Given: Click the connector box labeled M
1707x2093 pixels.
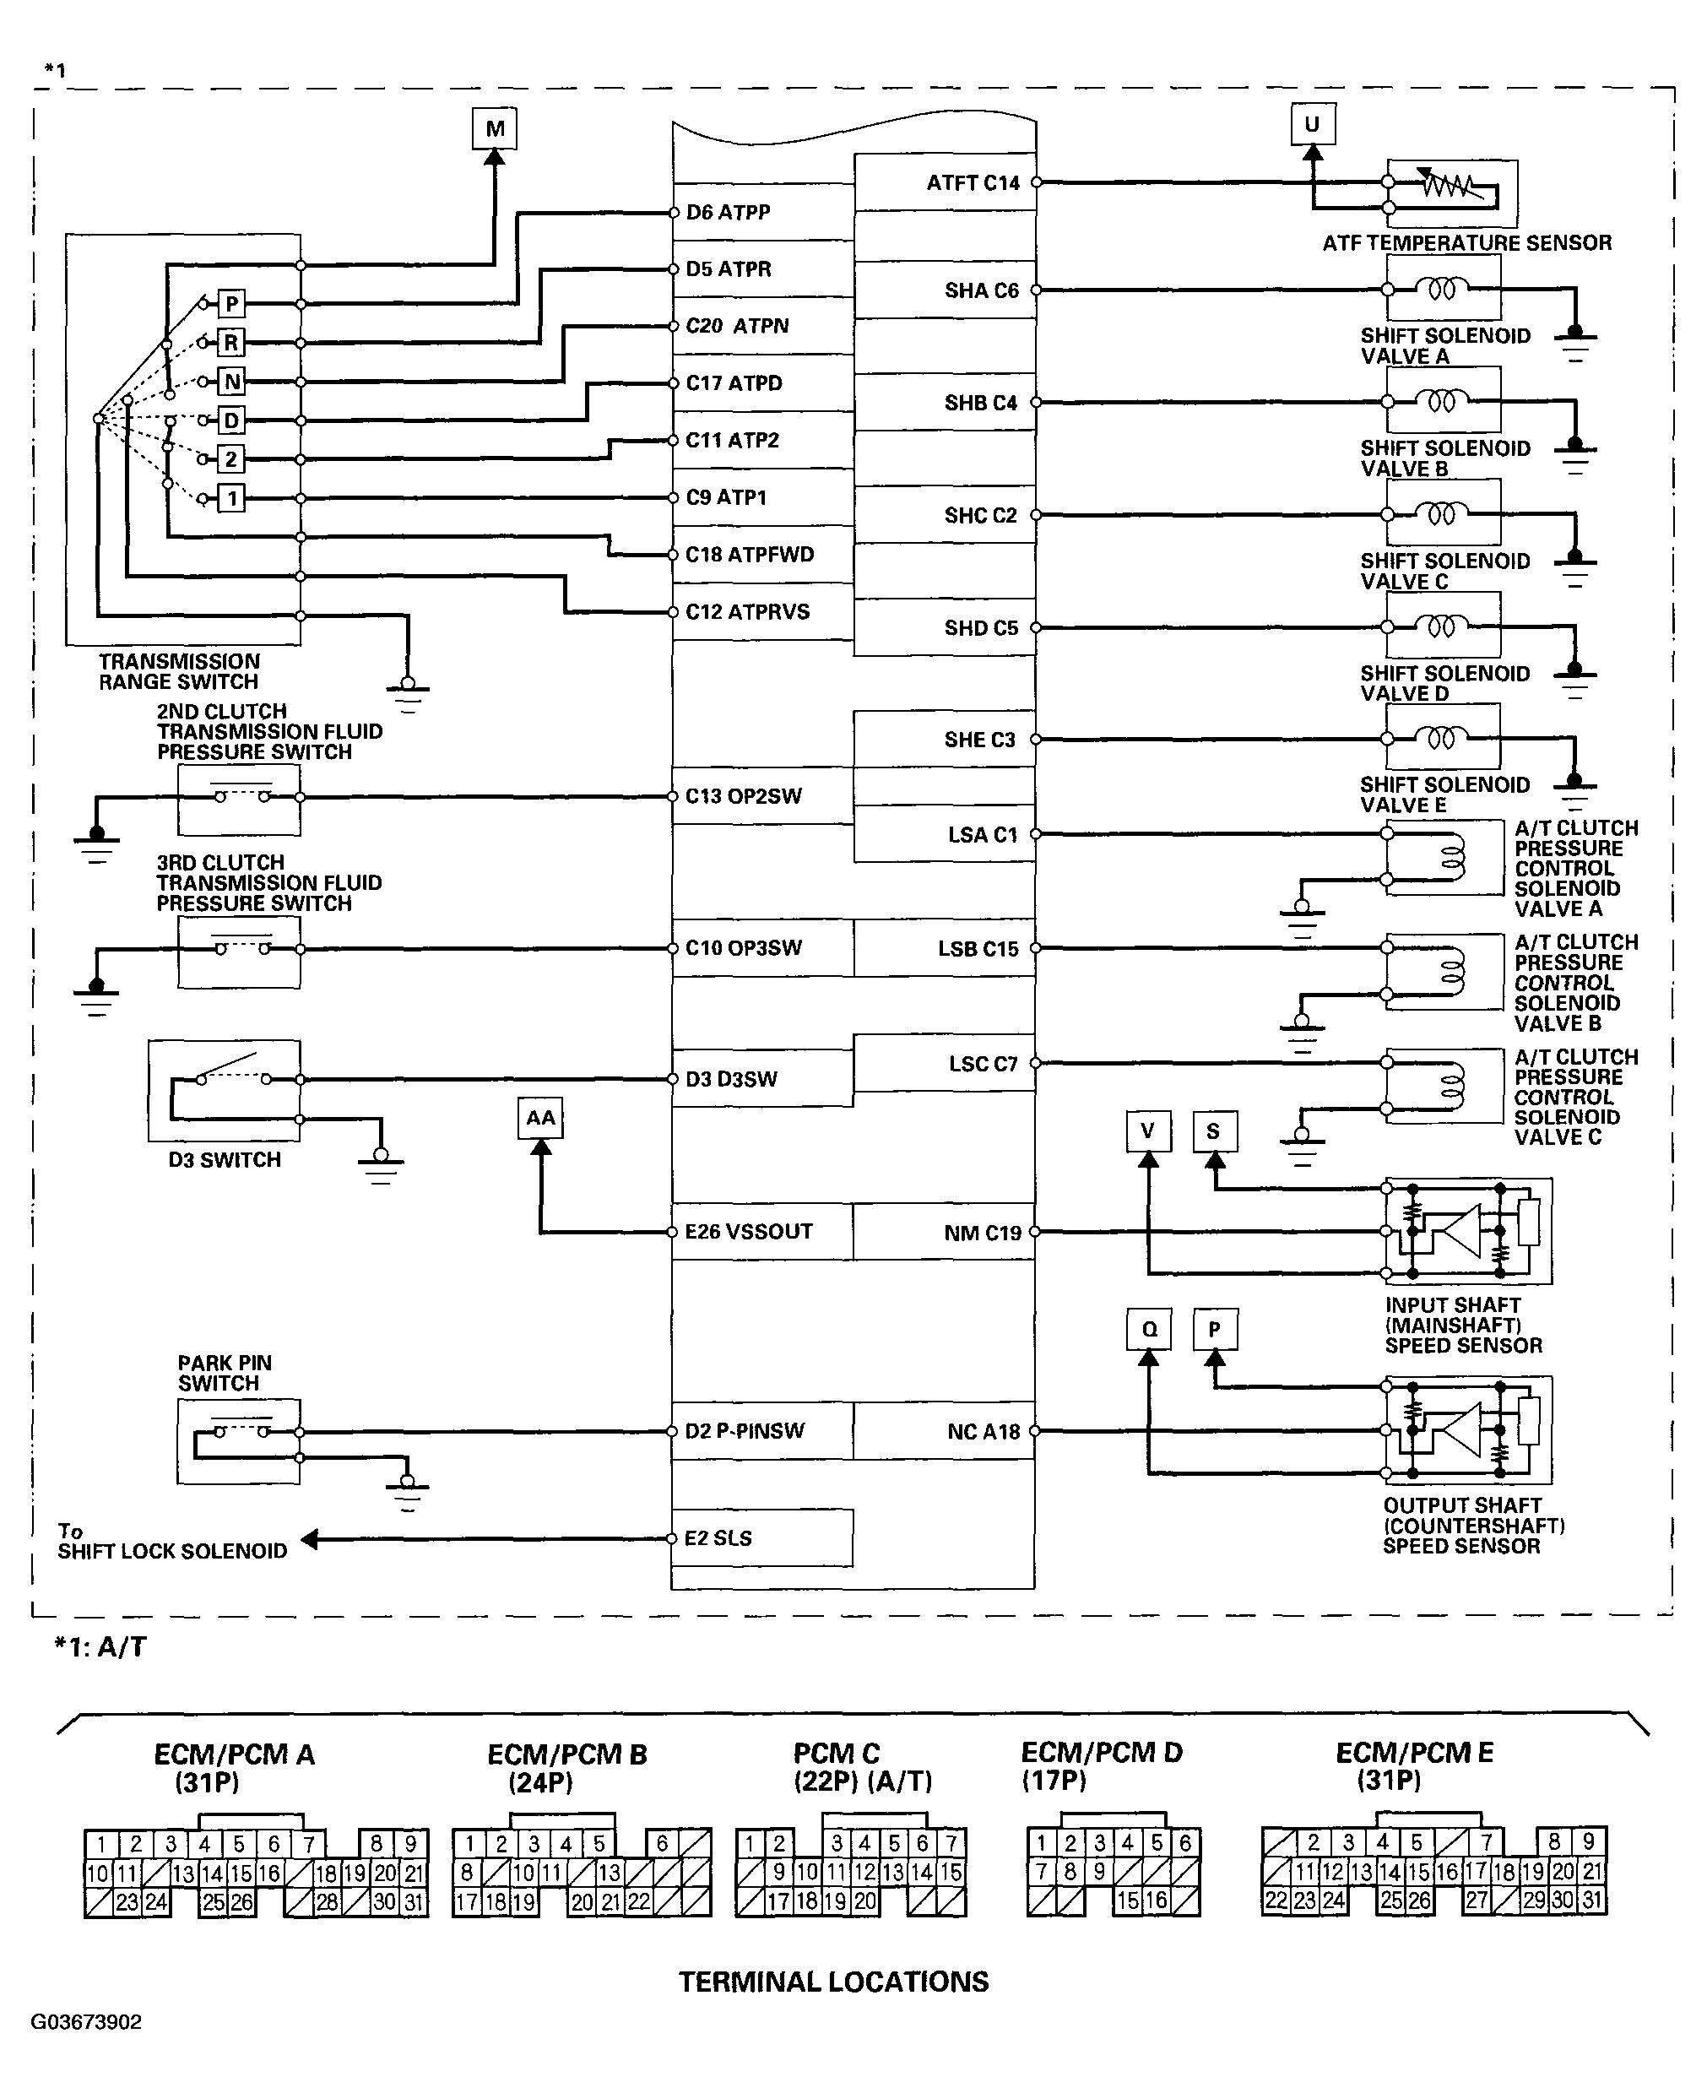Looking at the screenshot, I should click(x=495, y=127).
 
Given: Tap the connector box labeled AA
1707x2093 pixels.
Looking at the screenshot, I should click(x=539, y=1119).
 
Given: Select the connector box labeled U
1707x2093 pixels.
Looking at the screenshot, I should click(x=1312, y=125).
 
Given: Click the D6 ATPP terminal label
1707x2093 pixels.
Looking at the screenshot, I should click(x=728, y=213).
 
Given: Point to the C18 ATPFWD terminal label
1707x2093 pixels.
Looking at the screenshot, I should click(x=750, y=555).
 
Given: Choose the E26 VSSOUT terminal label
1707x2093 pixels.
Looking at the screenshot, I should click(x=748, y=1232).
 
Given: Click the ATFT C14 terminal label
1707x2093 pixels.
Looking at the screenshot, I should click(x=973, y=183).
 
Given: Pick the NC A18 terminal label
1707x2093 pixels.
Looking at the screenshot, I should click(x=984, y=1432).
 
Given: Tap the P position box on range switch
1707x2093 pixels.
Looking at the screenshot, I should click(x=231, y=303).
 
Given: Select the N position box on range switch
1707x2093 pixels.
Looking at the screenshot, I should click(x=231, y=382).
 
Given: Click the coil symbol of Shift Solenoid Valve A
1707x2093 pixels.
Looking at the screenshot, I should click(x=1442, y=289).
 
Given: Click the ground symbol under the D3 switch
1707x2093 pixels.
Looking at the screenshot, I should click(x=381, y=1165).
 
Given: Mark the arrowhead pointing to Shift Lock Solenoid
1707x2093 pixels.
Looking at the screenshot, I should click(x=311, y=1539).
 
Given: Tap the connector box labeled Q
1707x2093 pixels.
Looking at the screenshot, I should click(x=1148, y=1330).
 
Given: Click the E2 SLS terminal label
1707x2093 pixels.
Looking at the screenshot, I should click(x=718, y=1538).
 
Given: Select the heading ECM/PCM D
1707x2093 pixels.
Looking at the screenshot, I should click(x=1102, y=1752).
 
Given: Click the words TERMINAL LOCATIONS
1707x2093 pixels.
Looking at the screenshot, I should click(x=833, y=1982).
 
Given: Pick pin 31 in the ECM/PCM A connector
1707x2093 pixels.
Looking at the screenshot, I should click(x=414, y=1902).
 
